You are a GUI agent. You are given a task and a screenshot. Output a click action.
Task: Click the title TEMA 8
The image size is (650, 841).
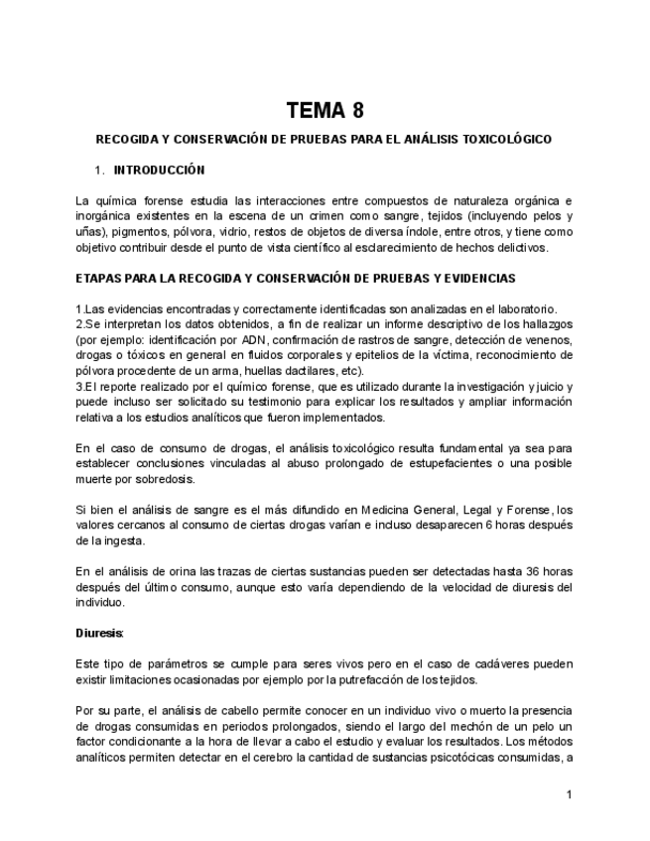pos(325,110)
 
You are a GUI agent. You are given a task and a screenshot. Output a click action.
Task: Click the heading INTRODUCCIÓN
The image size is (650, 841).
pos(159,170)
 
